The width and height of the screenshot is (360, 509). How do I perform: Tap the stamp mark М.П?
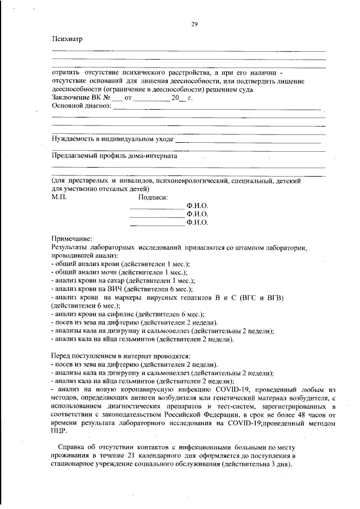point(58,197)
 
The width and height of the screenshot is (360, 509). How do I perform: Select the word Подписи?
point(153,197)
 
